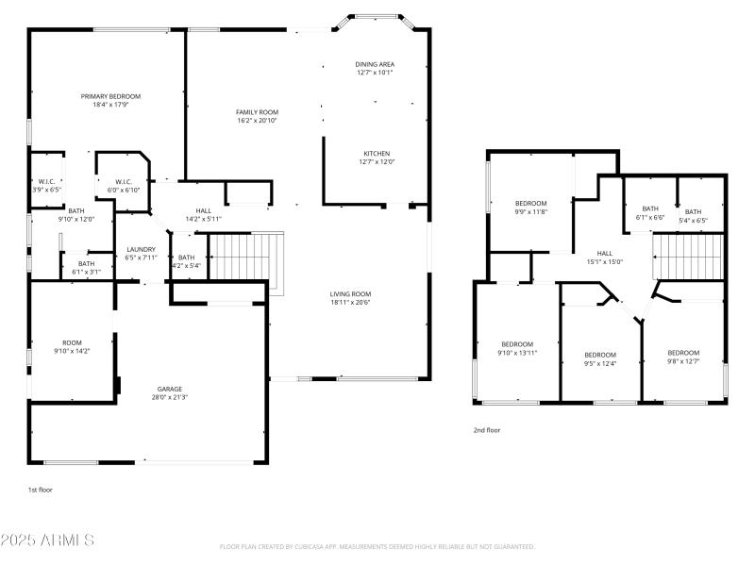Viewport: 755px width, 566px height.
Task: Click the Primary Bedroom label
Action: coord(110,96)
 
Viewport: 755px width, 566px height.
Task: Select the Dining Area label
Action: coord(375,64)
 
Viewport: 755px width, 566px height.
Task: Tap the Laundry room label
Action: coord(141,250)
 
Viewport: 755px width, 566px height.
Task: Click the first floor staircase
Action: coord(244,257)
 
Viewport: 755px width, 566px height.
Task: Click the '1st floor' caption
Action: coord(41,491)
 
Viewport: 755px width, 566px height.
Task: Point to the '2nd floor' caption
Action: coord(487,430)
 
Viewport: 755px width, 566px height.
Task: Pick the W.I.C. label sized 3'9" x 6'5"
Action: coord(47,182)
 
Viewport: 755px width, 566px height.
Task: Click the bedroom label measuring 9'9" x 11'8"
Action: coord(530,204)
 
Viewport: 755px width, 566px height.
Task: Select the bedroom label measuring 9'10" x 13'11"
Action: coord(517,344)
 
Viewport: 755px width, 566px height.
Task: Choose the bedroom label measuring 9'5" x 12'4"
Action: coord(599,355)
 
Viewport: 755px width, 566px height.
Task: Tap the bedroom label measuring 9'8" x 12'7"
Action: coord(683,352)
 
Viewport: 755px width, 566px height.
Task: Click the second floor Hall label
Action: coord(605,253)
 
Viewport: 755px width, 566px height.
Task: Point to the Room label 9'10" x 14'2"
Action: coord(73,342)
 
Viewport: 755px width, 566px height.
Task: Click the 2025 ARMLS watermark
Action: coord(47,541)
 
